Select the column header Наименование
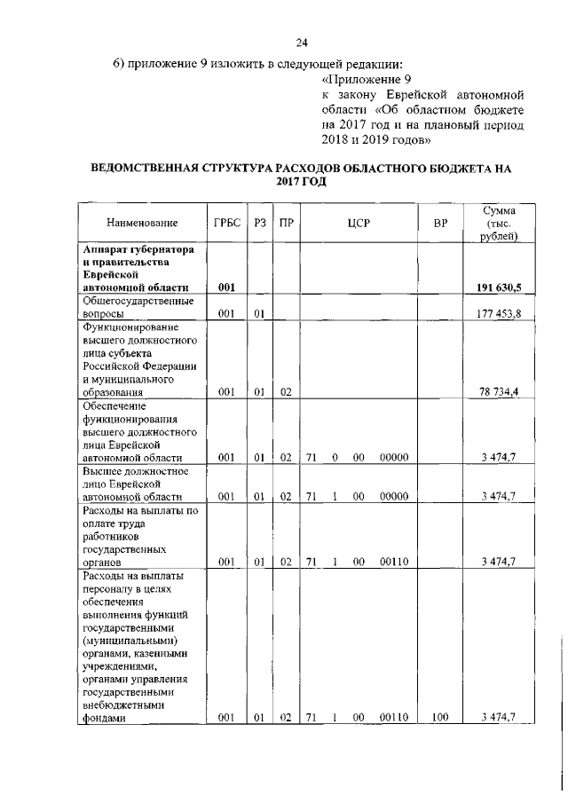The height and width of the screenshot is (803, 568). coord(142,222)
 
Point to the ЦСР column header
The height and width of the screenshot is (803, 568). coord(359,222)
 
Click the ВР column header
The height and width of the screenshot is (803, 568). coord(440,222)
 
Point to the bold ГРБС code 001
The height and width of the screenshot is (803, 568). coord(225,287)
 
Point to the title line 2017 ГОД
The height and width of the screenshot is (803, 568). coord(302,181)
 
